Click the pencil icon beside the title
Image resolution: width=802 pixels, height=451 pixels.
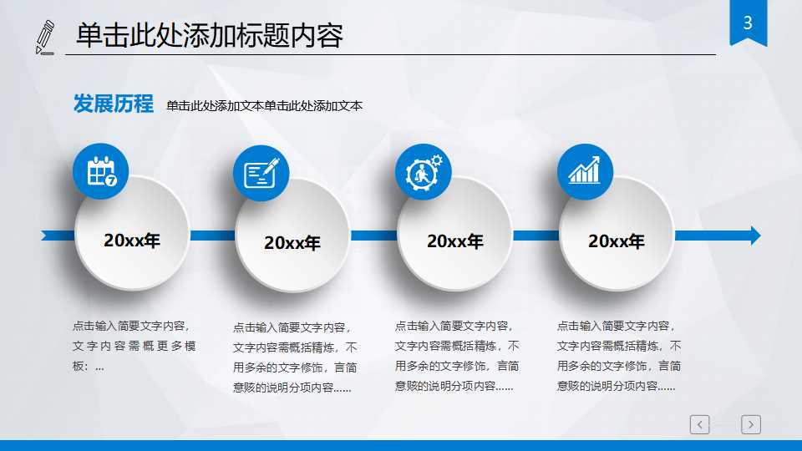click(46, 37)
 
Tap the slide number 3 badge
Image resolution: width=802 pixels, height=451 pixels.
click(748, 23)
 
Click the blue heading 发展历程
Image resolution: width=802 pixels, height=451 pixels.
click(114, 104)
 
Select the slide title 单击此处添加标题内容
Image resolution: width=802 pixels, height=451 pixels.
click(210, 36)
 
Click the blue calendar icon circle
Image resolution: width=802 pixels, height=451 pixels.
click(101, 172)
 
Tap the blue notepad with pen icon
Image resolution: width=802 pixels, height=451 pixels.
click(261, 173)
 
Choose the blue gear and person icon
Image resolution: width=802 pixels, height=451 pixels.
click(424, 172)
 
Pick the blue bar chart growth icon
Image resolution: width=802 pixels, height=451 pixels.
click(585, 171)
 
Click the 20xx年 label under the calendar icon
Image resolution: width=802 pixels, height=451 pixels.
click(132, 241)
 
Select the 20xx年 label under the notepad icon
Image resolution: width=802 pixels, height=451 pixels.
click(292, 243)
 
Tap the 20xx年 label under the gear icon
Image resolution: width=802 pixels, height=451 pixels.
click(455, 241)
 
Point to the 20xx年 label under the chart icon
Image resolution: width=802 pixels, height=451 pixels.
click(617, 241)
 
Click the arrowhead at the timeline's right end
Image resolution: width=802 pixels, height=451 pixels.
click(754, 236)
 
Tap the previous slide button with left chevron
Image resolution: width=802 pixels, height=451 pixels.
click(700, 425)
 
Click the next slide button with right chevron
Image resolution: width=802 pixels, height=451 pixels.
click(751, 425)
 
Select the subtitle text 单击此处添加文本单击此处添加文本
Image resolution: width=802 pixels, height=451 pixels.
click(264, 106)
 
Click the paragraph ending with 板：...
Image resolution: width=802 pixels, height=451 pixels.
click(134, 346)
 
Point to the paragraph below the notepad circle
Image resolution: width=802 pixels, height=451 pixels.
click(295, 357)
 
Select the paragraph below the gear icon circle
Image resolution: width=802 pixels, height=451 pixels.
click(457, 356)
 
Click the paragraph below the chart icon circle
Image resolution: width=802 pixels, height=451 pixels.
click(619, 356)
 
